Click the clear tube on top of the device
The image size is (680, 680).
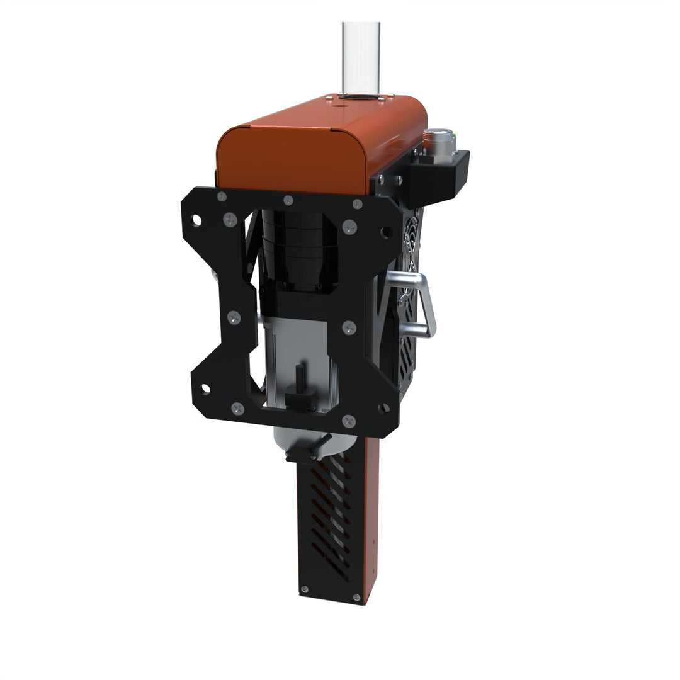click(361, 57)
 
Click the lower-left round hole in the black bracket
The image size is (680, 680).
click(205, 388)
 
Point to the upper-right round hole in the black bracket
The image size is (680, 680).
click(387, 232)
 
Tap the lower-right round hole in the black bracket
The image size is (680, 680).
click(383, 408)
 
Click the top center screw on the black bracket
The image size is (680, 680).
click(288, 200)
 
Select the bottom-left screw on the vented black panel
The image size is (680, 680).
click(305, 589)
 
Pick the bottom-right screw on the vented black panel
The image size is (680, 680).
click(357, 597)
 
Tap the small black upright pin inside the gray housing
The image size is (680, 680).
click(300, 378)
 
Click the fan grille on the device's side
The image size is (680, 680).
click(412, 252)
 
